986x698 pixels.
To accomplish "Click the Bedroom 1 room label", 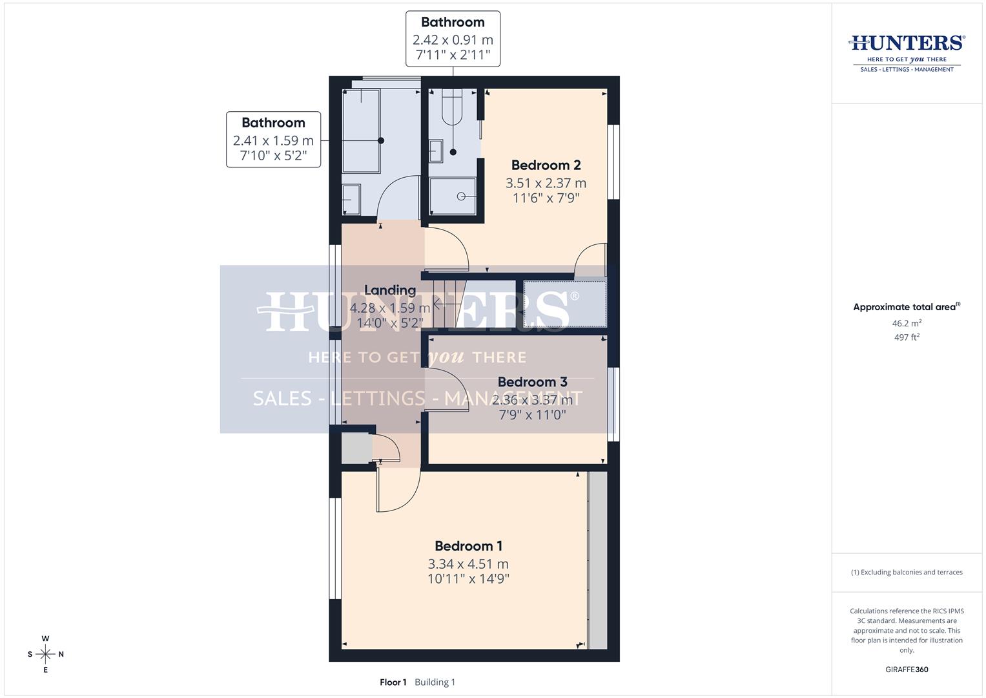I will click(468, 546).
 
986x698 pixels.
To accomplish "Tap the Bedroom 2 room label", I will click(546, 165).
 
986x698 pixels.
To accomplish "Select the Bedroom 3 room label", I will click(532, 382).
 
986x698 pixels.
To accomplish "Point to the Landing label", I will click(390, 290).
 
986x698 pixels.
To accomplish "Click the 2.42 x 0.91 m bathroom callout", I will click(453, 39).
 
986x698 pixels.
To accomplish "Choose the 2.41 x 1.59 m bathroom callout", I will click(273, 140).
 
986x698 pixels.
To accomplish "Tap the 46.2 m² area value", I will click(907, 323).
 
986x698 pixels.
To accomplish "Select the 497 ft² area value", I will click(907, 337).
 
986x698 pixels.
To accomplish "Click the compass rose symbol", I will click(45, 654).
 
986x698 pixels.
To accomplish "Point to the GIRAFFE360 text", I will click(907, 670).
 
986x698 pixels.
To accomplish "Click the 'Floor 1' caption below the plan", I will click(393, 682).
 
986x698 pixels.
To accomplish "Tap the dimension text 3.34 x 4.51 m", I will click(468, 564).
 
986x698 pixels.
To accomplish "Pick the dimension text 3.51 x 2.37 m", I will click(546, 183).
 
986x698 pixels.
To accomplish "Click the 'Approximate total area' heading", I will click(907, 307).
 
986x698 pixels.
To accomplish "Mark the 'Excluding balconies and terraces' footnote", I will click(907, 572).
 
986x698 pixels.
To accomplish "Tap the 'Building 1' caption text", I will click(435, 682).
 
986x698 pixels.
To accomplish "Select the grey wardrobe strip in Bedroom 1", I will click(598, 560).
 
